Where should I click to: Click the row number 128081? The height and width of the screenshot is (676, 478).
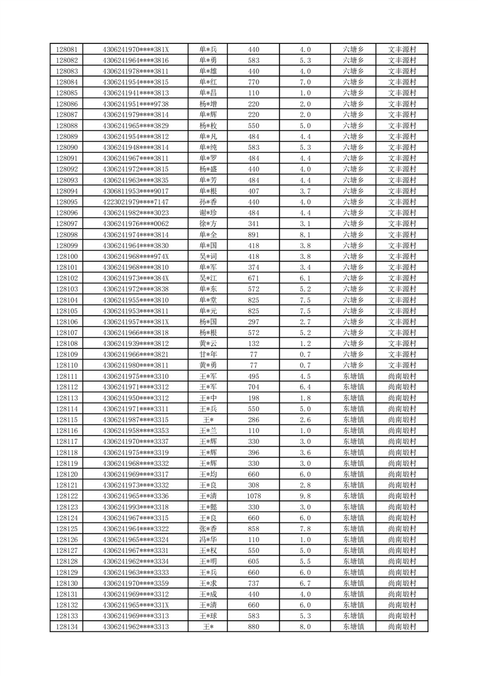(x=66, y=49)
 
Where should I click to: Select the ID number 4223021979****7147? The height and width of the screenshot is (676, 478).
(x=136, y=202)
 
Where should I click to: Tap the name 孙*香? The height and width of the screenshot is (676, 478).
(x=208, y=202)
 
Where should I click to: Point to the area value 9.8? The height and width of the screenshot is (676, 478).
(x=305, y=496)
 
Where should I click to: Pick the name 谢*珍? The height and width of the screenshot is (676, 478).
(x=208, y=213)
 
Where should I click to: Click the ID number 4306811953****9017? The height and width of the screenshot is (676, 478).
(x=136, y=191)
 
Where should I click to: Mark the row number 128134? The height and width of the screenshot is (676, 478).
(x=66, y=627)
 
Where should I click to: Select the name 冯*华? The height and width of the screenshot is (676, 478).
(x=208, y=540)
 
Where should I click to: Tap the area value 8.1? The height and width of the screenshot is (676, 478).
(x=305, y=234)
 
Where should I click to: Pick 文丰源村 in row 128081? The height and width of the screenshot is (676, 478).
(x=402, y=49)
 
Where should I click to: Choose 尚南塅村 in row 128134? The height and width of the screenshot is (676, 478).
(x=402, y=627)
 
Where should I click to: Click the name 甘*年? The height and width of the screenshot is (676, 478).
(x=208, y=355)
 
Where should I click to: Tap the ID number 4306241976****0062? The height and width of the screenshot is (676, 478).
(x=136, y=224)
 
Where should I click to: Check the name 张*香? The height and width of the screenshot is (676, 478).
(x=208, y=529)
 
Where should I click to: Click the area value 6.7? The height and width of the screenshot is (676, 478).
(x=305, y=584)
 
